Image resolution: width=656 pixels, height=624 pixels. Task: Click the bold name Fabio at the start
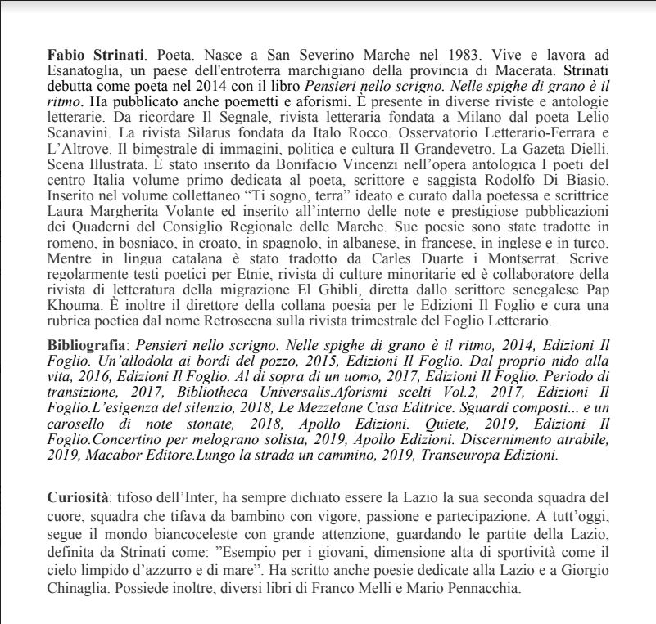[66, 55]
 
